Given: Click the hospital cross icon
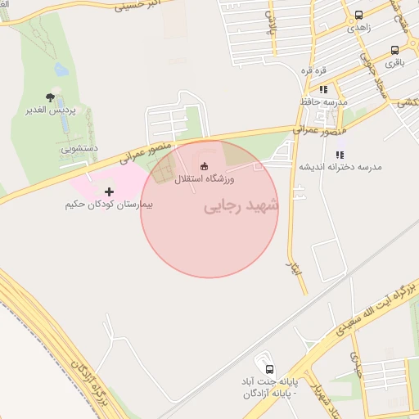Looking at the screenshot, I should [x=110, y=191].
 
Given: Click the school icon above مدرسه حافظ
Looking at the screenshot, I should [x=324, y=89].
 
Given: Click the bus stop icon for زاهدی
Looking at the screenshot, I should [x=358, y=16].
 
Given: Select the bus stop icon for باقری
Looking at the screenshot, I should [x=395, y=50].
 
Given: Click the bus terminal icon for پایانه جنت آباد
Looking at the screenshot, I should [x=270, y=368].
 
